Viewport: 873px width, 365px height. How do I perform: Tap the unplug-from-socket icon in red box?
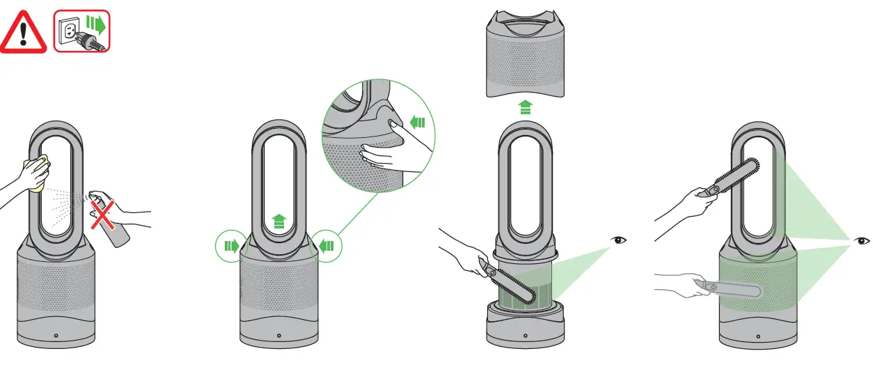click(82, 32)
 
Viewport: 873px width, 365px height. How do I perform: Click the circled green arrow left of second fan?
click(230, 245)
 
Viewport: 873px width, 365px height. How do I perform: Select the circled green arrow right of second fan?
click(327, 245)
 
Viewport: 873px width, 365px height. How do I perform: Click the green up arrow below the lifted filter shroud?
click(526, 107)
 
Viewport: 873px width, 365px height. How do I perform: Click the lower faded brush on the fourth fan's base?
click(731, 287)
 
